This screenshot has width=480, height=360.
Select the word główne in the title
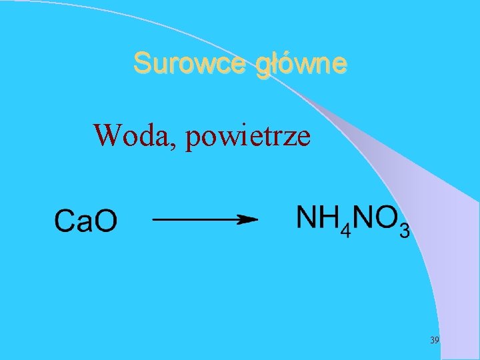pos(301,65)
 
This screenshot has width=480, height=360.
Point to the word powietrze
pos(249,137)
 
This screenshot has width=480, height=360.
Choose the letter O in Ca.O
pos(105,221)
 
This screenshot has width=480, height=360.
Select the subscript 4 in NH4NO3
pos(344,231)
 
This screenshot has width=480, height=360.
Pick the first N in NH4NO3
pos(307,217)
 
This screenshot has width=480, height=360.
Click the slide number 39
pos(435,340)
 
